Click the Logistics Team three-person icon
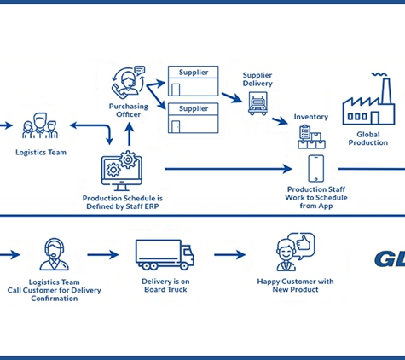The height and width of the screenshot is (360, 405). point(40,125)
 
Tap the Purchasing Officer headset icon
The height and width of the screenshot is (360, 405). point(129,81)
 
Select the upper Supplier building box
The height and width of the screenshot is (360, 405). point(194,81)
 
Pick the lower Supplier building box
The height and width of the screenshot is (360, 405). point(194,118)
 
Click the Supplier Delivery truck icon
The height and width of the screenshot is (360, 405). point(257,103)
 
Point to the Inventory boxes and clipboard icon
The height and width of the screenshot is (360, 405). point(311,137)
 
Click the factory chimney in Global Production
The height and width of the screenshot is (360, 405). point(386,90)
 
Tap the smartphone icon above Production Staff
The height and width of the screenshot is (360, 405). point(316,168)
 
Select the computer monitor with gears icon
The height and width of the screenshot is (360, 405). point(122,171)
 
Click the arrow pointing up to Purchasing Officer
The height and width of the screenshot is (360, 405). point(130,134)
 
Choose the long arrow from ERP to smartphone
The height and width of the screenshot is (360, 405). point(229,169)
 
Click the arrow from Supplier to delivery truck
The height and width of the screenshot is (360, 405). point(232,97)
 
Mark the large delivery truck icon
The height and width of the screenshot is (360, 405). point(165,255)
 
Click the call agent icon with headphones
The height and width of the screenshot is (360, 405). point(54,254)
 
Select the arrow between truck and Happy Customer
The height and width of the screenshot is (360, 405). point(229,254)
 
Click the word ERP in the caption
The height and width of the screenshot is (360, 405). point(151,206)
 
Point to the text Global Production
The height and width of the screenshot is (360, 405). point(368,138)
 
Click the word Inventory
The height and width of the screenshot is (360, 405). point(311,117)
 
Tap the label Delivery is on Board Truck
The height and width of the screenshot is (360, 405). point(165,286)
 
